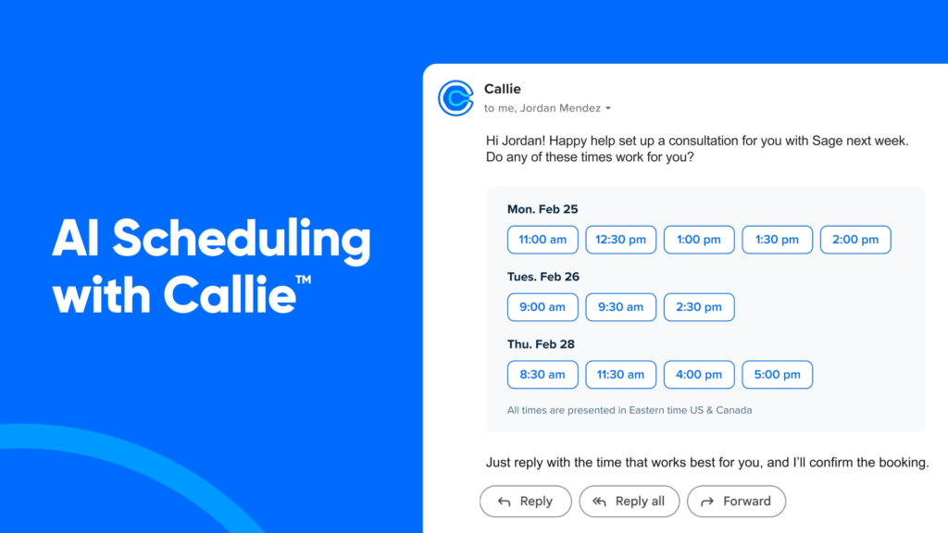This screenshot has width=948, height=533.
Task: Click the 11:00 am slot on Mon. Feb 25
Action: point(543,240)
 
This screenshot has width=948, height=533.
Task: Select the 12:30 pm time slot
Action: point(620,240)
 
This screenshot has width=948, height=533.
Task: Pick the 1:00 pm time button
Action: point(699,240)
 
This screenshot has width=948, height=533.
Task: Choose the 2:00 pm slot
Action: point(855,240)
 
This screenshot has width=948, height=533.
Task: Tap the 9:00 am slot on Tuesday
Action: point(543,307)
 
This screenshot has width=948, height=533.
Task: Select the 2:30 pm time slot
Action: point(699,307)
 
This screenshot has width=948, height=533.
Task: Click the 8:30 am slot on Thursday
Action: point(543,375)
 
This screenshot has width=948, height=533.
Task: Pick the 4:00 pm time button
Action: point(699,375)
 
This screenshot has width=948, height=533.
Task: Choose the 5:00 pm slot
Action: point(777,375)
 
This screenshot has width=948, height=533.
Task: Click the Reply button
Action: point(526,501)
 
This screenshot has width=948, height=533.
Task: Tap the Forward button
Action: point(736,501)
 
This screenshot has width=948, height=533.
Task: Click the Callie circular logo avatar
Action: point(455,98)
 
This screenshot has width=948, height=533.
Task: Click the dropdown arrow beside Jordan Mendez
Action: point(608,109)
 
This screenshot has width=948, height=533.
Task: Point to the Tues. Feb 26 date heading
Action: point(543,277)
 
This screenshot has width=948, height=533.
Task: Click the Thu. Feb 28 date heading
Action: point(541,344)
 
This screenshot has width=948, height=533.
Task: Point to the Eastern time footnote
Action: point(630,410)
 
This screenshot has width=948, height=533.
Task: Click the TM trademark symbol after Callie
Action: point(304,279)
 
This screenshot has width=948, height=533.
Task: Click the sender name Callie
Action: point(503,89)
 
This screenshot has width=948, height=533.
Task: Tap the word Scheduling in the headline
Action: point(242,241)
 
